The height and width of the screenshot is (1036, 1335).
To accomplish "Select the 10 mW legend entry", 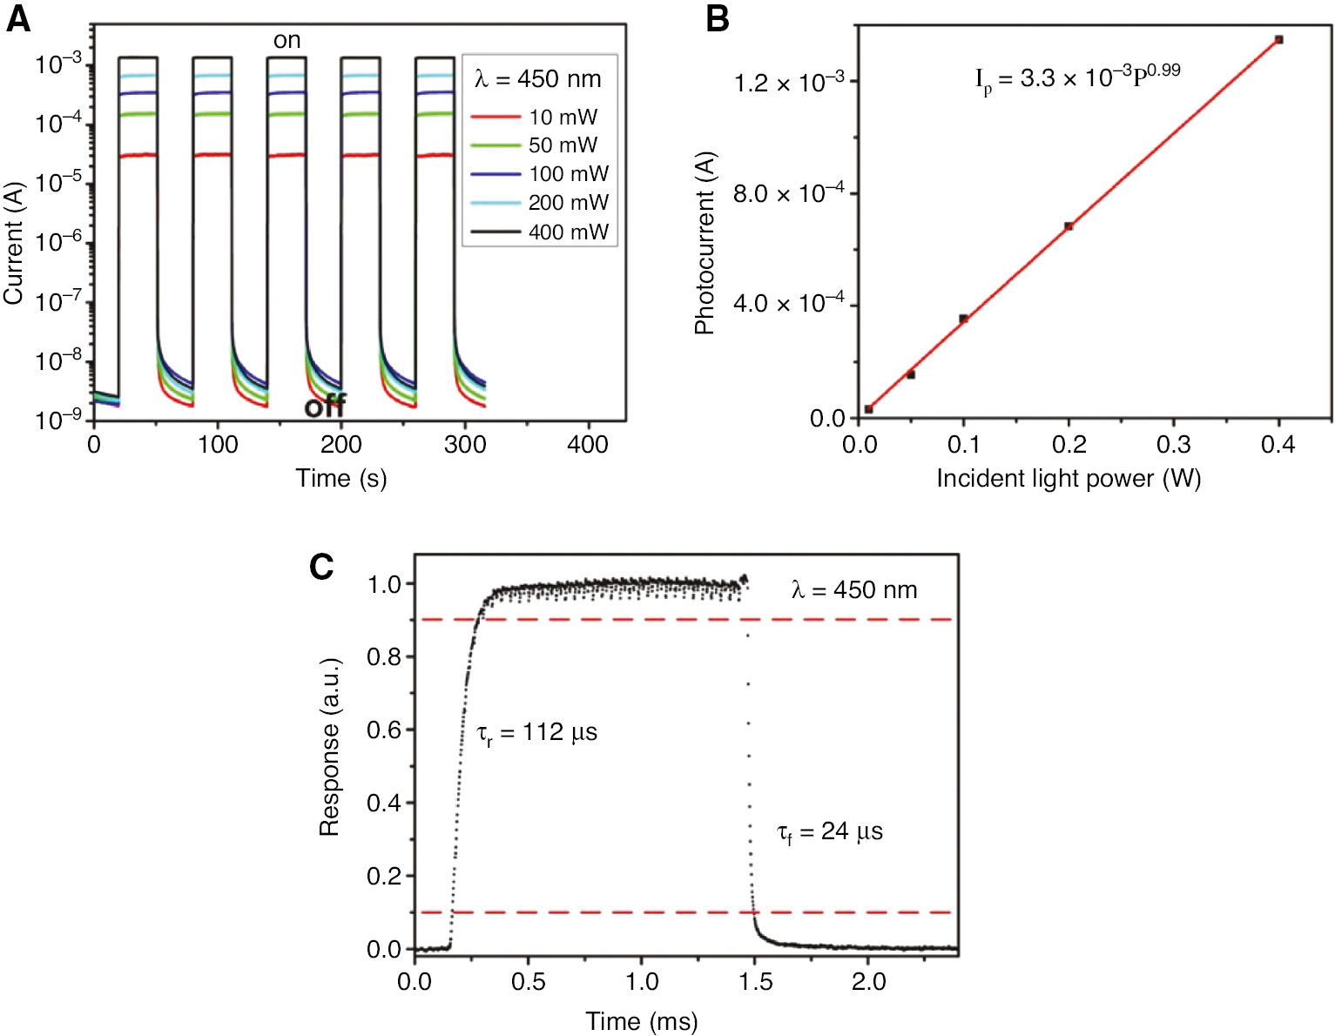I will click(x=563, y=117).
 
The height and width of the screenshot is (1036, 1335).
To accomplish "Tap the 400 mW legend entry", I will click(x=568, y=232).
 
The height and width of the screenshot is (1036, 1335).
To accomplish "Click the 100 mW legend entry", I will click(x=568, y=174).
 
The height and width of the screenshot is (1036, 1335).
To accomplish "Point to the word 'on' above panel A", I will click(x=287, y=40).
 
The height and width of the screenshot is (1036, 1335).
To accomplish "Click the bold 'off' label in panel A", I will click(x=325, y=406).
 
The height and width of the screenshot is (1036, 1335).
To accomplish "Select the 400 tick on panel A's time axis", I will click(x=588, y=445).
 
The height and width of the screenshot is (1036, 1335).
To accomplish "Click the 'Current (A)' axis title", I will click(x=13, y=243).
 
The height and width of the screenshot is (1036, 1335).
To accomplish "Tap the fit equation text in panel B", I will click(x=1077, y=78).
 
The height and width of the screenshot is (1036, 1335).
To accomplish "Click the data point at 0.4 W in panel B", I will click(x=1278, y=39).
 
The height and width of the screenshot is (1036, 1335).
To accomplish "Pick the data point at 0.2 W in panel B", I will click(x=1069, y=226).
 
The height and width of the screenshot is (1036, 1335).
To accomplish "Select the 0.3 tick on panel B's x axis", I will click(x=1173, y=445).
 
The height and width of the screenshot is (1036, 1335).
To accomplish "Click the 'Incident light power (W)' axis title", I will click(x=1069, y=479).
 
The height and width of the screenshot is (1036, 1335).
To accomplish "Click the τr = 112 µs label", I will click(x=536, y=733).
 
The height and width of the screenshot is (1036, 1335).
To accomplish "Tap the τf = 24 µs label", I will click(x=829, y=832).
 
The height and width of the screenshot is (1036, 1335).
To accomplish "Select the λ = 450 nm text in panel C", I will click(x=853, y=590).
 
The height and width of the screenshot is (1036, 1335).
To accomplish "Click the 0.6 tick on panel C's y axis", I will click(x=383, y=730).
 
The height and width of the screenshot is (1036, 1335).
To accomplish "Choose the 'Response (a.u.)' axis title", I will click(x=329, y=747).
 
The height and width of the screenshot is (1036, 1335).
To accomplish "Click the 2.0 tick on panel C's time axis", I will click(x=868, y=982).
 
